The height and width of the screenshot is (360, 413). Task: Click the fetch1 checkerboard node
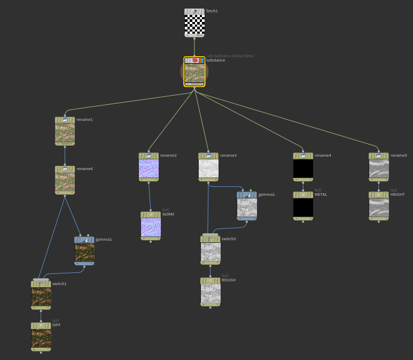point(194,24)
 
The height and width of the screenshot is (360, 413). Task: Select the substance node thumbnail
point(194,73)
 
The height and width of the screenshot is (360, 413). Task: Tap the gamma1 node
point(84,252)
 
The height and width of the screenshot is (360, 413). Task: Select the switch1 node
point(41,296)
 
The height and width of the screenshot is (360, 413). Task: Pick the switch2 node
point(211,251)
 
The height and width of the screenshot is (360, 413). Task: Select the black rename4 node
point(303,168)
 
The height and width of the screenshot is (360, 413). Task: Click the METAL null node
point(303,207)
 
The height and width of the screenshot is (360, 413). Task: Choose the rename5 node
point(379,168)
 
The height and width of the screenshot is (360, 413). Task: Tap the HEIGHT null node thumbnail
point(379,207)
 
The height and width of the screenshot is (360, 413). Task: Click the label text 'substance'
point(215,60)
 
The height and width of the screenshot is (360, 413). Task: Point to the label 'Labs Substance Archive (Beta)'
point(230,56)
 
